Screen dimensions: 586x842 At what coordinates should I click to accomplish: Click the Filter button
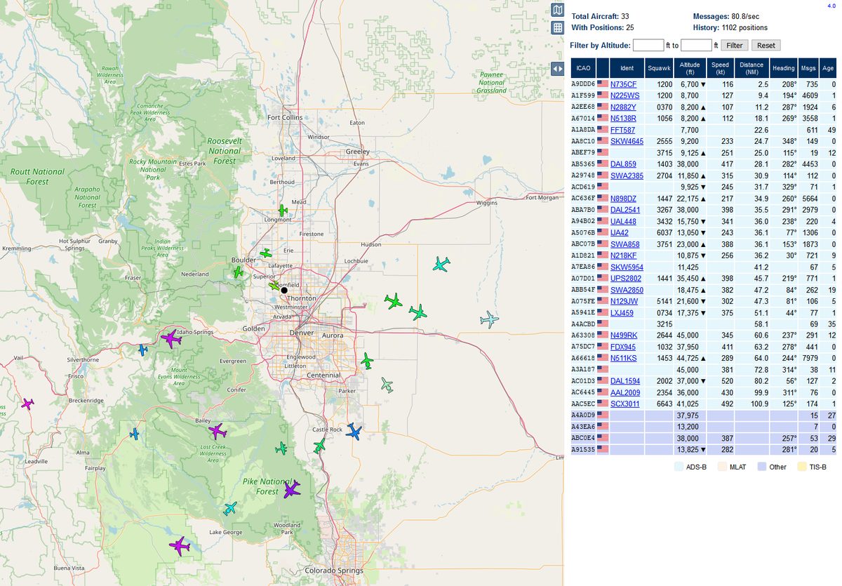734,45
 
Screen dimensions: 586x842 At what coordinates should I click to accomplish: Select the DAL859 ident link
623,164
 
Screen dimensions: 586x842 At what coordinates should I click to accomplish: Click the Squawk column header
659,68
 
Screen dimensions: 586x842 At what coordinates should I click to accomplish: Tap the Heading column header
784,68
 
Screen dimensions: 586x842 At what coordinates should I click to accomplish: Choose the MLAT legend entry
737,467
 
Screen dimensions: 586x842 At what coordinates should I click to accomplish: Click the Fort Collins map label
284,117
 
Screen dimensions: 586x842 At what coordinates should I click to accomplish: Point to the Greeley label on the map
358,152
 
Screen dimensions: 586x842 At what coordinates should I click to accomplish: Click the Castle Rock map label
327,429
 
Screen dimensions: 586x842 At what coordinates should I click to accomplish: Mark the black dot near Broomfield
284,290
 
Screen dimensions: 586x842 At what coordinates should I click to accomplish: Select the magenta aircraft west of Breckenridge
27,404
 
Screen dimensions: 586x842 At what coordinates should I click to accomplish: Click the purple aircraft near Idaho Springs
171,339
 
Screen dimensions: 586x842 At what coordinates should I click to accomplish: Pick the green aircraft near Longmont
283,211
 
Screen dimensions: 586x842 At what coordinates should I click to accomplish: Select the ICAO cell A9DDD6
583,84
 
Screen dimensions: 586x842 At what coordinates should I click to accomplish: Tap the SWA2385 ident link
627,175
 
